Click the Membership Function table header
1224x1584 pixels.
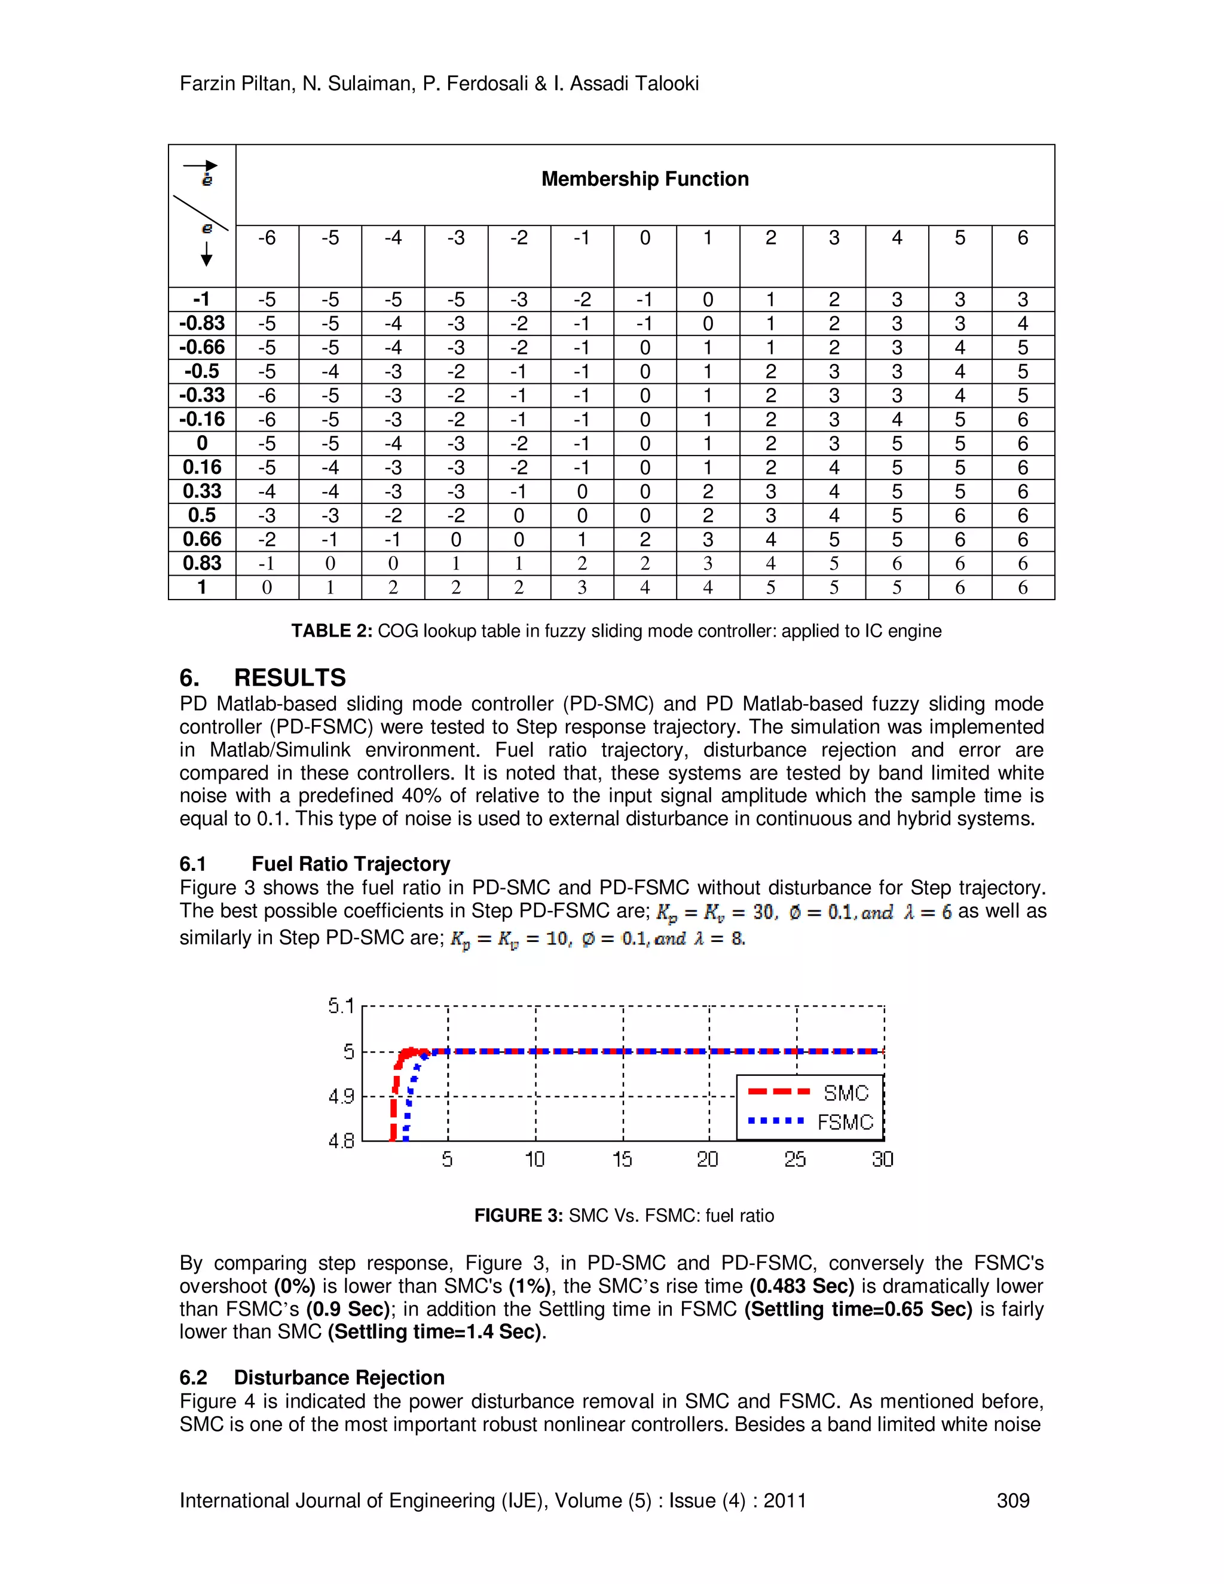tap(645, 179)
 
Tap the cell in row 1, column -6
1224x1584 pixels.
tap(267, 588)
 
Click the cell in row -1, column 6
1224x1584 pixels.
tap(1023, 299)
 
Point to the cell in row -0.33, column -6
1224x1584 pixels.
tap(267, 395)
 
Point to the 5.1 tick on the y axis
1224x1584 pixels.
tap(340, 1006)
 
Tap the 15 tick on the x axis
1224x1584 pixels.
tap(622, 1160)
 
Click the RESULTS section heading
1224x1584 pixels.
tap(289, 677)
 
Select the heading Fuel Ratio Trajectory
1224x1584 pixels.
tap(350, 864)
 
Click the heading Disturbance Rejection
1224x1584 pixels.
tap(339, 1377)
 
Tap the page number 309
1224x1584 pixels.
tap(1012, 1500)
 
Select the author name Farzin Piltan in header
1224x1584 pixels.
tap(235, 84)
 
